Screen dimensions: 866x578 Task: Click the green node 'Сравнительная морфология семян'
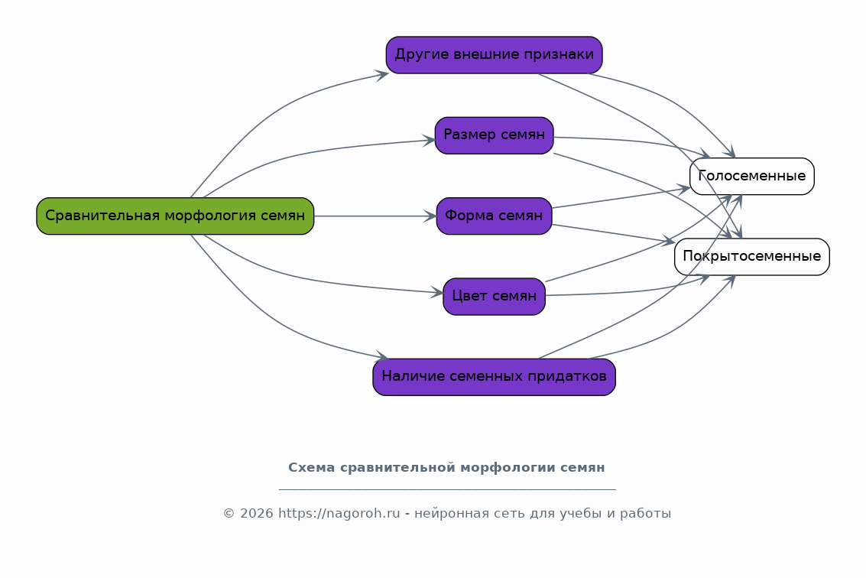175,216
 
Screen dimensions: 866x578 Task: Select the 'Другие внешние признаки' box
494,55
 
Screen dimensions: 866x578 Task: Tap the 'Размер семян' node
494,135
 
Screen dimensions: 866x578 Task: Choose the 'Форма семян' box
494,216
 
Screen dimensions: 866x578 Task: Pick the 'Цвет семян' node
494,297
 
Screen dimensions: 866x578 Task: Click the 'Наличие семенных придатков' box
494,377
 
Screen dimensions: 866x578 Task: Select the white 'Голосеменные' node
751,177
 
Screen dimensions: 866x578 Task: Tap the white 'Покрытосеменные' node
751,257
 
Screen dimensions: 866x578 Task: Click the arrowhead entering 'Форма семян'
430,216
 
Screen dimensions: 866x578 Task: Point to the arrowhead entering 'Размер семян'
429,141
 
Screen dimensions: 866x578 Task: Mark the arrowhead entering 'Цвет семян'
437,292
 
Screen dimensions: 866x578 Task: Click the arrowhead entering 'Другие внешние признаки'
382,75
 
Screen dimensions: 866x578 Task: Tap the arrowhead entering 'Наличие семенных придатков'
382,357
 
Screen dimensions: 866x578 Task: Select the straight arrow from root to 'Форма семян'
375,216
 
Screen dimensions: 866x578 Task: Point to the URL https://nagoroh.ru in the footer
339,513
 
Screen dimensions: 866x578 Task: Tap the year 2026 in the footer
257,513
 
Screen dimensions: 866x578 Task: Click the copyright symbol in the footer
229,514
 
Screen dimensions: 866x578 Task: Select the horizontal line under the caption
447,489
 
